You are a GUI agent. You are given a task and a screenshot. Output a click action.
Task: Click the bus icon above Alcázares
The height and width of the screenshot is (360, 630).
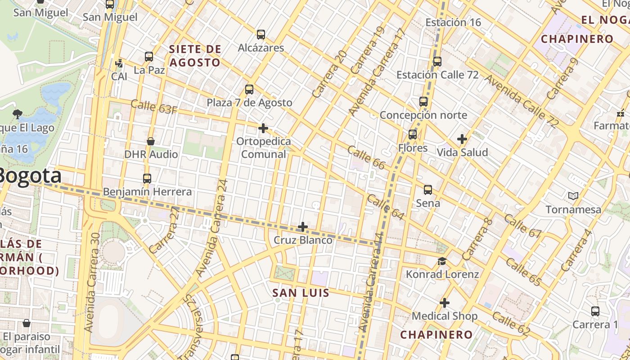[261, 35]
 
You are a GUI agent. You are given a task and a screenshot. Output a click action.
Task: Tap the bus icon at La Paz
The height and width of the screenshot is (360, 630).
[149, 57]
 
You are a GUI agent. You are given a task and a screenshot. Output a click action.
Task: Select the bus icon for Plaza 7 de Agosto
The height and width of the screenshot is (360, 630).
[249, 90]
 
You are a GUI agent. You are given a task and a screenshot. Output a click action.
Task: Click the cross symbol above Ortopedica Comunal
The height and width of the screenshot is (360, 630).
[263, 129]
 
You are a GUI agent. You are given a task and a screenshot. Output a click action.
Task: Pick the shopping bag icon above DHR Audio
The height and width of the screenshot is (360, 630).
[151, 141]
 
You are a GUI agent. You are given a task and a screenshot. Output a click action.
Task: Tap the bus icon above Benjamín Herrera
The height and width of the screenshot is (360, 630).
[147, 179]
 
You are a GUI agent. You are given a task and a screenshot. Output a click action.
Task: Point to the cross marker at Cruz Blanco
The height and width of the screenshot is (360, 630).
[303, 227]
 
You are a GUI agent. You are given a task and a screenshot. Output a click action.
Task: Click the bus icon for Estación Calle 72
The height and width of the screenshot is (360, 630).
[437, 62]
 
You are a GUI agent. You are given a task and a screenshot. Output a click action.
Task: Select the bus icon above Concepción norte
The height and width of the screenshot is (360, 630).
[423, 102]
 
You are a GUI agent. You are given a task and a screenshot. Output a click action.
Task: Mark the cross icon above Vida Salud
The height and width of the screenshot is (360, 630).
[462, 139]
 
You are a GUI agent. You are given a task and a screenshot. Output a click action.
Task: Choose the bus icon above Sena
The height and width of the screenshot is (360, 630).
[428, 190]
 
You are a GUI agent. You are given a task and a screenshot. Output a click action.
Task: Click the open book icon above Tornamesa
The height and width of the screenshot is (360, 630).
[573, 196]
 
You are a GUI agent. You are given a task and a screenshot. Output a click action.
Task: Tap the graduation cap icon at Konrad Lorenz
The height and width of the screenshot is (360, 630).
[442, 261]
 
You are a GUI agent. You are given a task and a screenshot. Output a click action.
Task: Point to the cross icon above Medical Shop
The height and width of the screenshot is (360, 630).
[445, 303]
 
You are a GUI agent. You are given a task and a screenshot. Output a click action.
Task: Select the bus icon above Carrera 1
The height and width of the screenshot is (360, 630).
[595, 311]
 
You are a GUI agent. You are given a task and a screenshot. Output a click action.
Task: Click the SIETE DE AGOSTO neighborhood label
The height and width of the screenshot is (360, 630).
[195, 56]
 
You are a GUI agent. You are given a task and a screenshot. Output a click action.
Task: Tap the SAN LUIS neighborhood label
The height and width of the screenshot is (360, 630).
[301, 293]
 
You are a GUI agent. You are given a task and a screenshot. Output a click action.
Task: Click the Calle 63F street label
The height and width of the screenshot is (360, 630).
[153, 107]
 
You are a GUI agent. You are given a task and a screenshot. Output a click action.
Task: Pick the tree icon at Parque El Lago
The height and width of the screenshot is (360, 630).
[18, 114]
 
